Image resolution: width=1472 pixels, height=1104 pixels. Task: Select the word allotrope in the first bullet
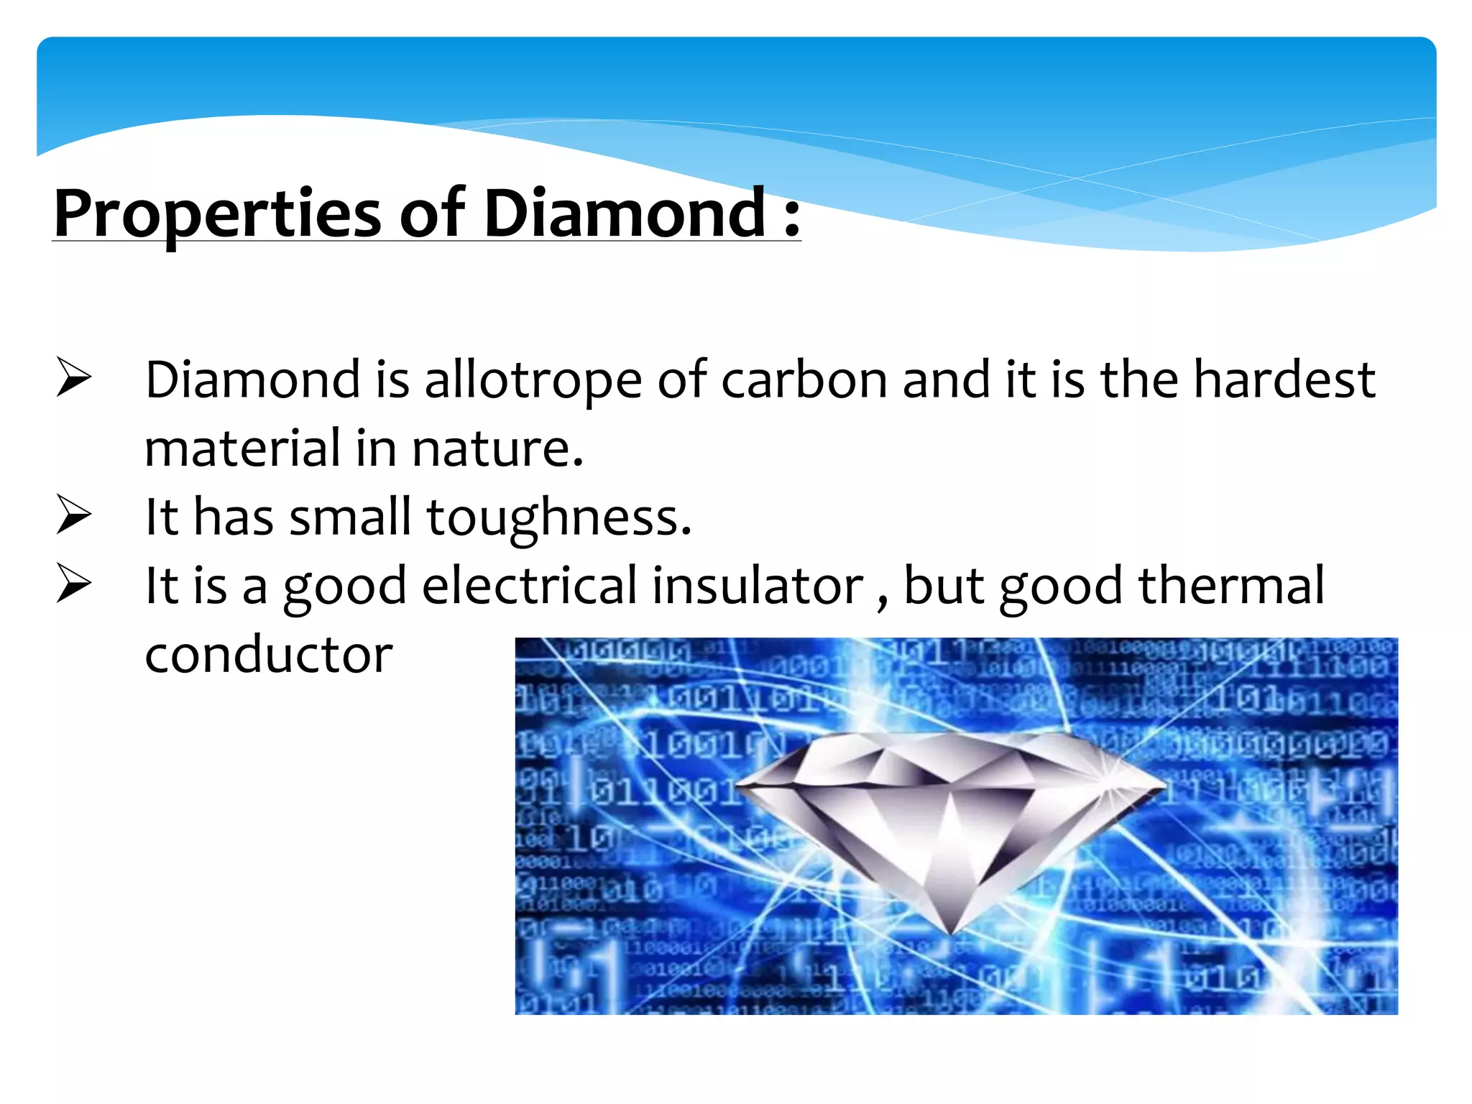(533, 381)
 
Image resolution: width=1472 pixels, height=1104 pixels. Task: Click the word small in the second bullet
(350, 517)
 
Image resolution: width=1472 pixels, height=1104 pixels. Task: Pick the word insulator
(758, 586)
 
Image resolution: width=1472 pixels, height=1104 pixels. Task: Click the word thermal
(1231, 586)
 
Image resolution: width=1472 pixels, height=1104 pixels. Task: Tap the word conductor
(269, 655)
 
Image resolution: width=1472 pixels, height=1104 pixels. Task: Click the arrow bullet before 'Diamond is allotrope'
(73, 378)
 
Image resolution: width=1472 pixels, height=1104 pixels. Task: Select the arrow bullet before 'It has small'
(73, 516)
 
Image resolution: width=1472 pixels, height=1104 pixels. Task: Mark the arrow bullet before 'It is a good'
(73, 584)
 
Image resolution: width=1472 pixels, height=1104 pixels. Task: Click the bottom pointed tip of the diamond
(950, 932)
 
